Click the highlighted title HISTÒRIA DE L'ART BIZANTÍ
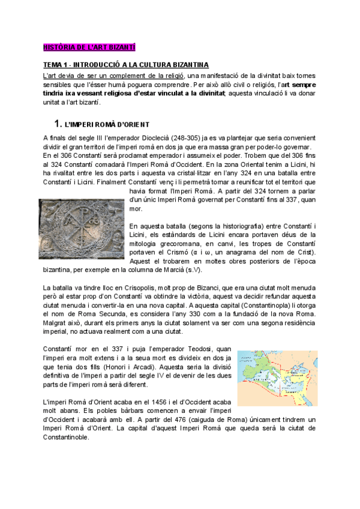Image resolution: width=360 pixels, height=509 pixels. pos(90,46)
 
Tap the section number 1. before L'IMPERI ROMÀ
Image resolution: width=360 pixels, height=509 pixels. pos(58,124)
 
